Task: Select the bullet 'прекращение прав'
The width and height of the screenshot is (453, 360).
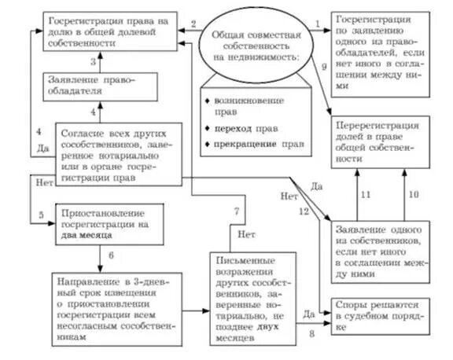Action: pos(245,144)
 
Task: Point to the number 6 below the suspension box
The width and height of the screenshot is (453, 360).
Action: pos(111,255)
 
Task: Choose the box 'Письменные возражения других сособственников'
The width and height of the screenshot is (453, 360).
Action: pos(254,298)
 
